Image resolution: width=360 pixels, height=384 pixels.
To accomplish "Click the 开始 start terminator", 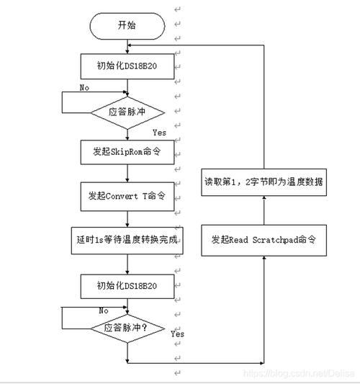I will click(x=127, y=25).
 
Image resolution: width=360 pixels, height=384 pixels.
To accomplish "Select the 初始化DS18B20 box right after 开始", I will click(x=127, y=66).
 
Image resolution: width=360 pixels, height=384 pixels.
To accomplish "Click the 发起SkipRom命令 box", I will click(x=127, y=152).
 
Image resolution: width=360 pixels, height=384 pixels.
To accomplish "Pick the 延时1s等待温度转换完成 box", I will click(x=127, y=241).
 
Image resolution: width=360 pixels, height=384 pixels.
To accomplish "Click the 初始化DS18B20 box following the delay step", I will click(x=127, y=285).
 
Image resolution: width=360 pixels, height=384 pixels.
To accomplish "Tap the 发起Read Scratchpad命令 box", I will click(x=264, y=238).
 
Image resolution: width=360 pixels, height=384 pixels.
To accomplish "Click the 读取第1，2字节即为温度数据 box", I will click(x=264, y=182).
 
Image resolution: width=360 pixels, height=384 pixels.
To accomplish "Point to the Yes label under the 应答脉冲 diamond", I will click(x=160, y=133).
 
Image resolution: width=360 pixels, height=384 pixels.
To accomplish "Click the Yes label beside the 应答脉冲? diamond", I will click(x=178, y=334).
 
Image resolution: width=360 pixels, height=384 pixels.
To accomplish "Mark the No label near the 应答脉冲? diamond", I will click(x=104, y=310).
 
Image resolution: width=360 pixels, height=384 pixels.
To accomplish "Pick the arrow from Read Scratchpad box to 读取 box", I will click(x=264, y=210).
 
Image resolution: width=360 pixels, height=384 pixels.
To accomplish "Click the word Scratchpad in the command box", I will click(x=273, y=238).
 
